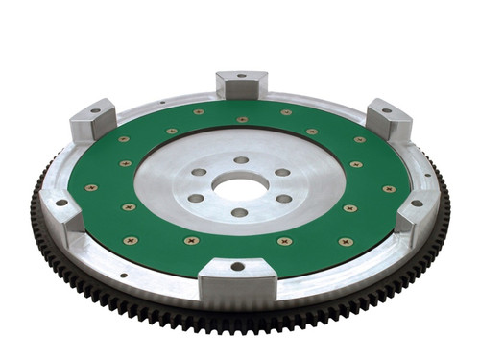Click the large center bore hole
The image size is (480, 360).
(240, 185)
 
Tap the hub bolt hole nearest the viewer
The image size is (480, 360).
(239, 212)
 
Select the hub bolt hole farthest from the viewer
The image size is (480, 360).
(241, 160)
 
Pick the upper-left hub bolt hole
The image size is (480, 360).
(198, 173)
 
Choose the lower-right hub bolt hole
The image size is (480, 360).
(283, 199)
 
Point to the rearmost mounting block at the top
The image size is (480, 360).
(241, 84)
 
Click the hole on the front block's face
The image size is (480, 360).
(237, 266)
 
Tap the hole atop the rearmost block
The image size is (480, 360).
(241, 75)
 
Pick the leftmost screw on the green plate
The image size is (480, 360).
(91, 187)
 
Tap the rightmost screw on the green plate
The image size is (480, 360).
(389, 189)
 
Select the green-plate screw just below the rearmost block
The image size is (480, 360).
(242, 120)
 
